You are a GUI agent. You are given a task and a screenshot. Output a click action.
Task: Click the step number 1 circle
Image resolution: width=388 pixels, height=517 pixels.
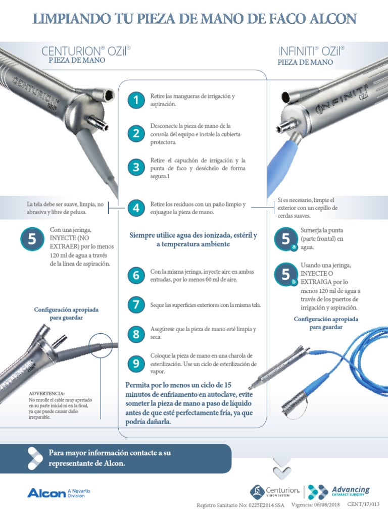[x=135, y=100]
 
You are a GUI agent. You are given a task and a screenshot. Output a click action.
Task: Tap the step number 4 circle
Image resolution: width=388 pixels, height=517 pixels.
[x=135, y=208]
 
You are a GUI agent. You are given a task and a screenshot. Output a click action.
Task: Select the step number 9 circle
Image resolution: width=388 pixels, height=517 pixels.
[x=135, y=364]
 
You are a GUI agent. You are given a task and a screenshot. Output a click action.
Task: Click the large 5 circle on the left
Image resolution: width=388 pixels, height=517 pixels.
[x=32, y=240]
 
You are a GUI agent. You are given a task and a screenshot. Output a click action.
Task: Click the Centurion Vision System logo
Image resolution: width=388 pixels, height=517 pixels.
[x=275, y=491]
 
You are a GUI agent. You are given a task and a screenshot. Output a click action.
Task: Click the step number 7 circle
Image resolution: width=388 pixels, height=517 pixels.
[x=135, y=304]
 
